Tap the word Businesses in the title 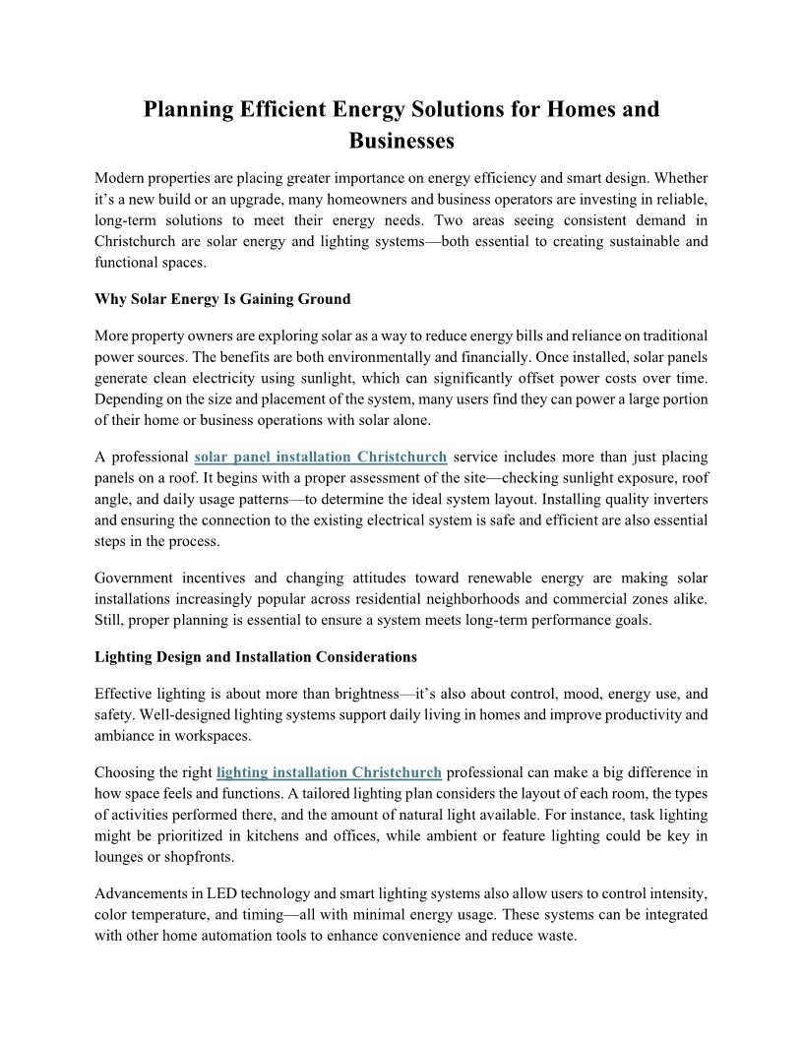click(401, 141)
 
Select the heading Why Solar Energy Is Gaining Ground click(222, 298)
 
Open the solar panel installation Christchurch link click(321, 458)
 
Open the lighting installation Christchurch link click(329, 772)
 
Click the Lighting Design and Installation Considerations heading click(256, 656)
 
